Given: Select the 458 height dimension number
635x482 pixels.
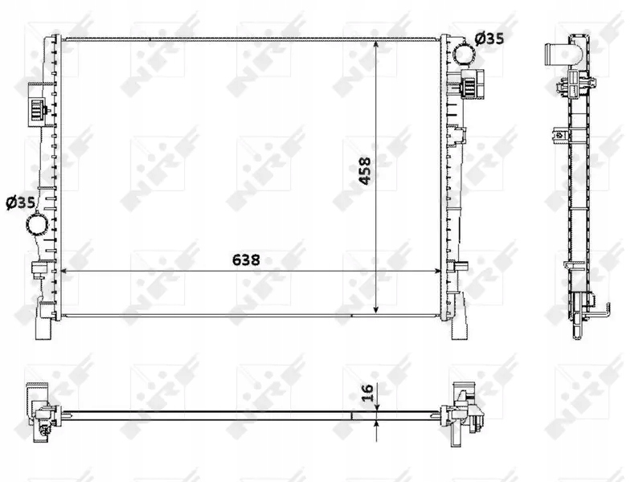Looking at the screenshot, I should pyautogui.click(x=366, y=170).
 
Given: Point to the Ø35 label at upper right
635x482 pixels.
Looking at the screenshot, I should pyautogui.click(x=490, y=37).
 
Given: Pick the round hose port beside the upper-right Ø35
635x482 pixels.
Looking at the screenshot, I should pyautogui.click(x=464, y=54).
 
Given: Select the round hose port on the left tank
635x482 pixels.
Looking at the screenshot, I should pyautogui.click(x=37, y=226).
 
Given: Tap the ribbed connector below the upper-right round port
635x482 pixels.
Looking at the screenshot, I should pyautogui.click(x=471, y=84).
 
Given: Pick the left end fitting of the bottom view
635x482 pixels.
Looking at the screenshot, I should pyautogui.click(x=40, y=410).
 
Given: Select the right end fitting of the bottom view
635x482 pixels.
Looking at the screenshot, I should pyautogui.click(x=467, y=411).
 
